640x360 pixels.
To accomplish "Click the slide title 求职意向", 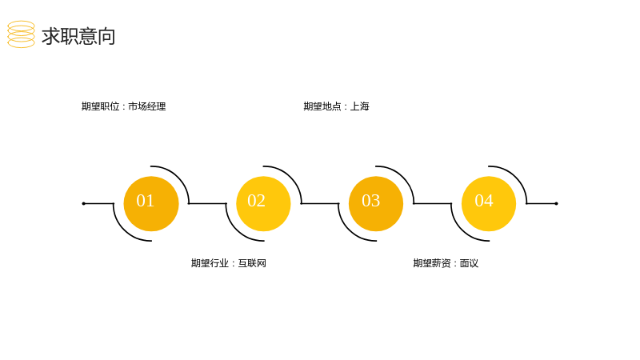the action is point(78,36).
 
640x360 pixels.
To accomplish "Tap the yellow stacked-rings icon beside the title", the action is point(22,34).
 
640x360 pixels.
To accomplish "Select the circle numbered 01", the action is point(151,204).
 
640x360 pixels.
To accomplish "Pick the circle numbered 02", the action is point(264,204).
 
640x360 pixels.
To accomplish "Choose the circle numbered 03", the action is point(376,204).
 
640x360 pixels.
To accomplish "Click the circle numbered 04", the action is point(489,204).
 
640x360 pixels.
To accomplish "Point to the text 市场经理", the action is point(147,106).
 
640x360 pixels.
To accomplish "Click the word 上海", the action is point(359,106).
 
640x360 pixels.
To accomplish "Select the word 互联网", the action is point(252,263).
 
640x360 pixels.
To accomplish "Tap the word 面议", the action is point(469,263).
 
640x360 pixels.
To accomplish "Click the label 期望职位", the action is point(101,106).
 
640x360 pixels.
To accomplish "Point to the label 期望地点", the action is point(322,106).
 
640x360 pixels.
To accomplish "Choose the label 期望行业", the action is point(210,263).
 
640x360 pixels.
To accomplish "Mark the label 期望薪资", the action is point(432,263).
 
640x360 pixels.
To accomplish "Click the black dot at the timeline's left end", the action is point(84,203).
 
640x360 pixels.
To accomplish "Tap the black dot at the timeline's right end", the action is point(556,203).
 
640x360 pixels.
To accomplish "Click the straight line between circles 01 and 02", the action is point(207,203).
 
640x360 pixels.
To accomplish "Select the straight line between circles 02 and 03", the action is point(320,203).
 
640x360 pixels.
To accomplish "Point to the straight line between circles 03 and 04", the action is point(433,203).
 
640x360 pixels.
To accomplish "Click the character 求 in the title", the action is point(51,36).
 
